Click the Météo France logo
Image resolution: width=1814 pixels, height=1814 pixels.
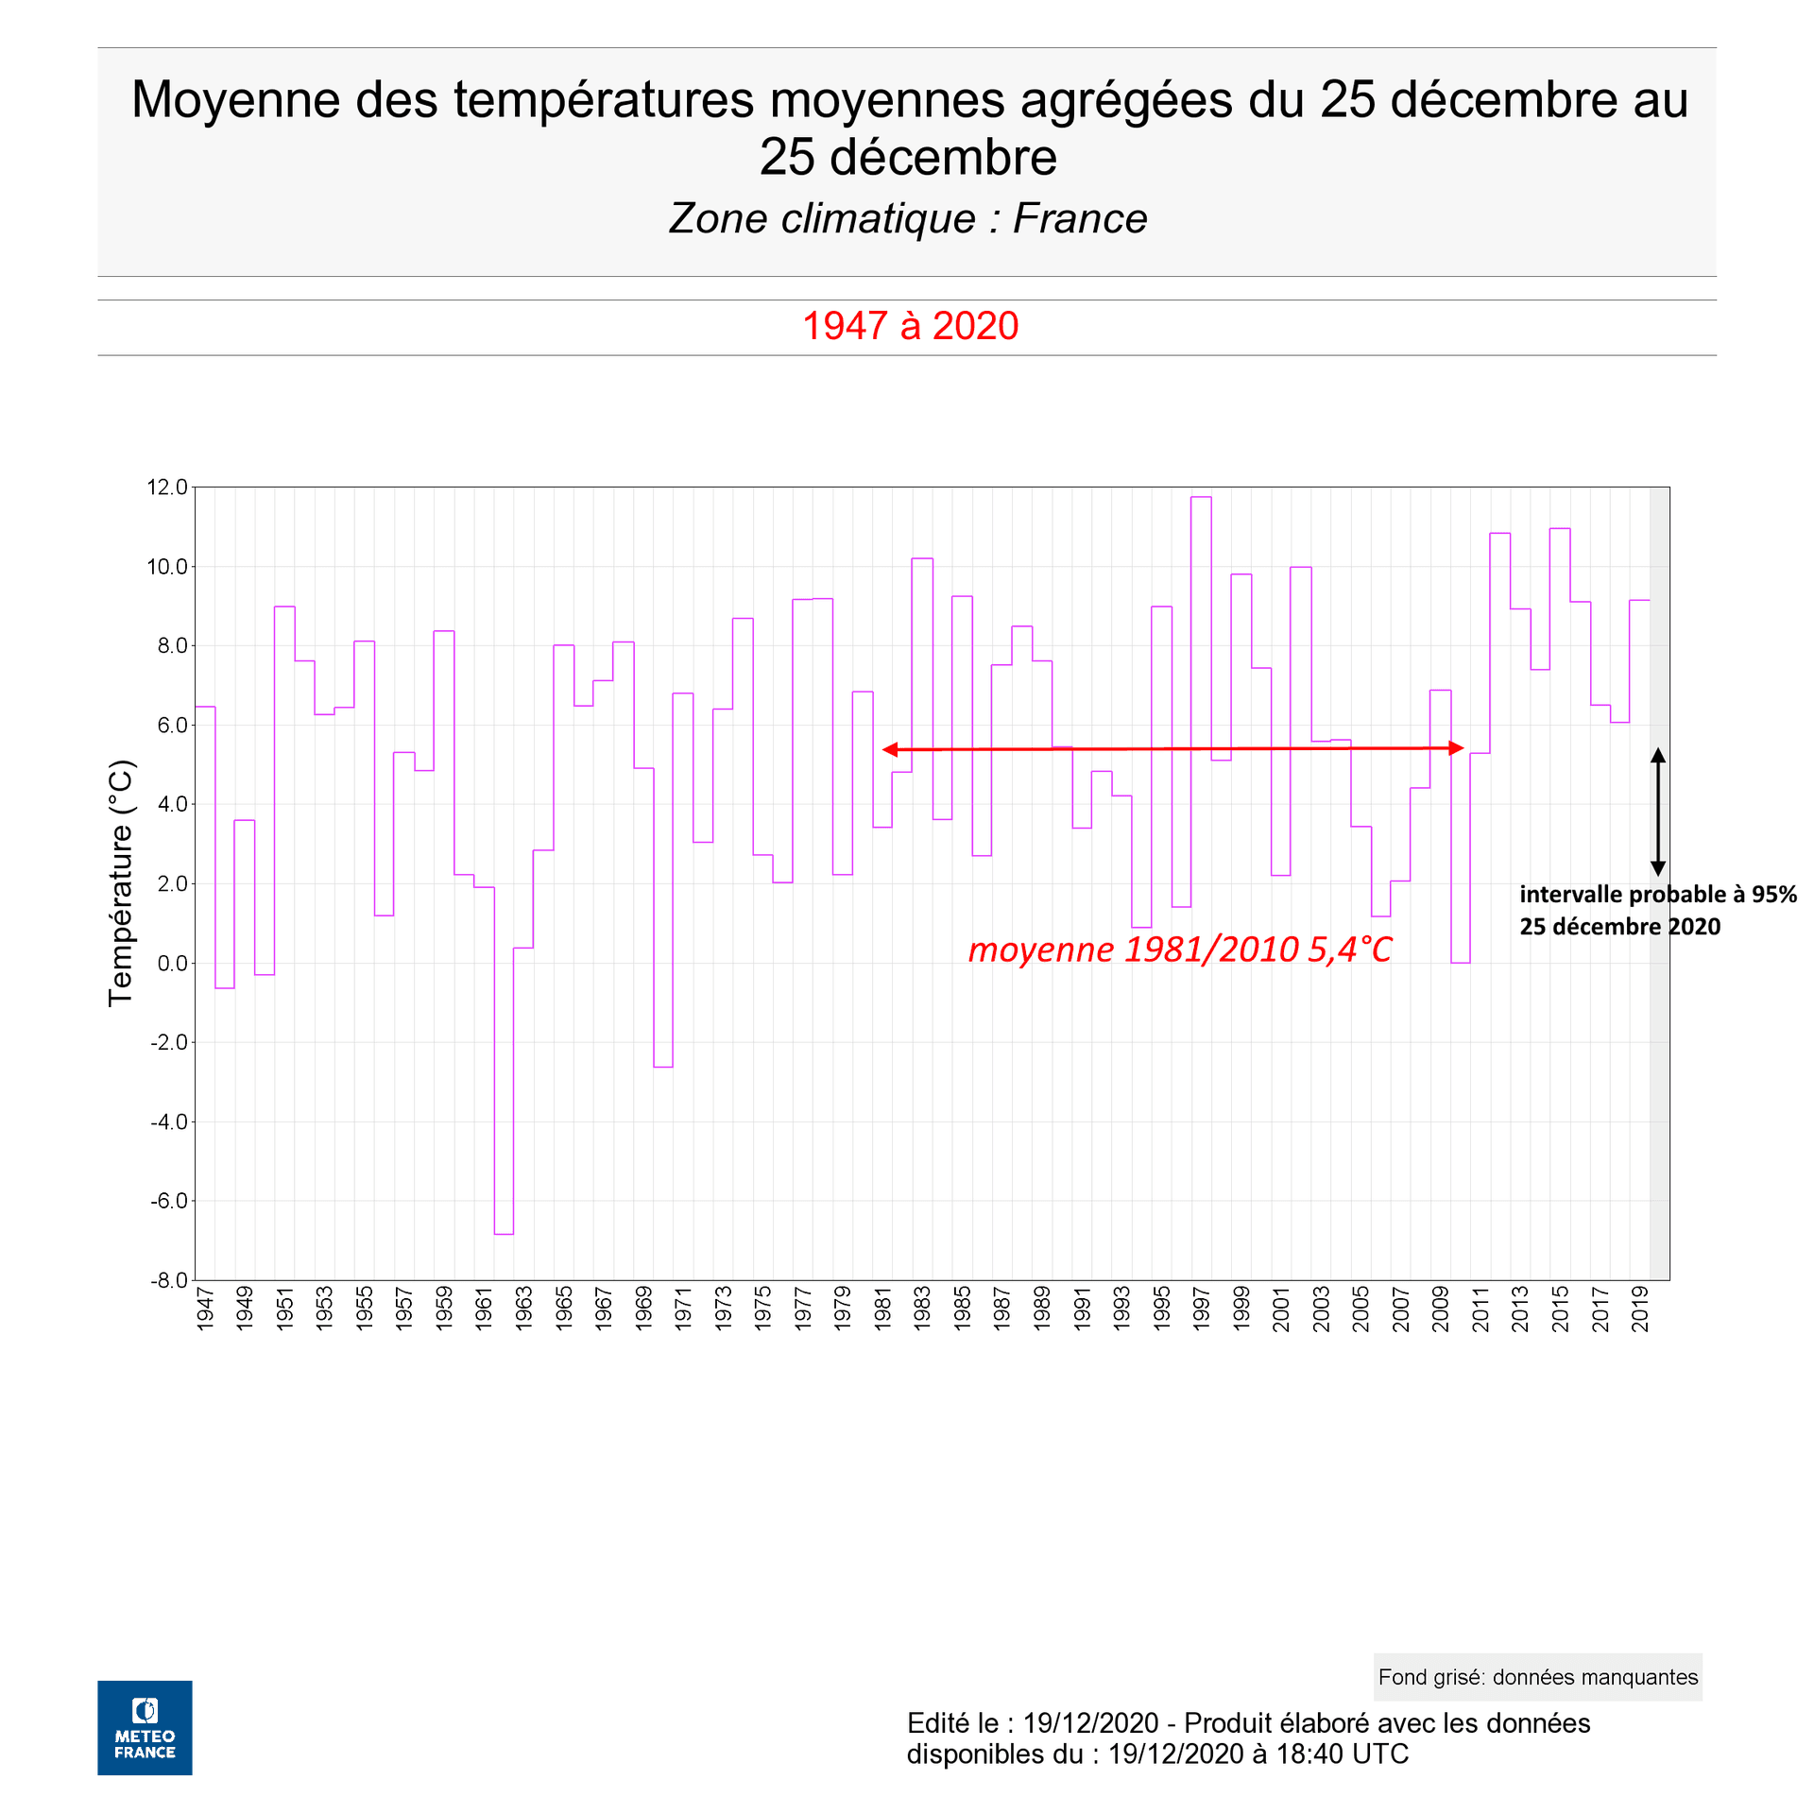tap(145, 1727)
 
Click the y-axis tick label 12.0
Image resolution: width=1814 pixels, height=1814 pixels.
tap(167, 488)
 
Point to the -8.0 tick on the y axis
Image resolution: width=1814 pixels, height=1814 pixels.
tap(169, 1280)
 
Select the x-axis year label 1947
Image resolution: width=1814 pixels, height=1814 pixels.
tap(205, 1308)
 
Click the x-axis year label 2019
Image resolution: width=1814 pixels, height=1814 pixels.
tap(1640, 1308)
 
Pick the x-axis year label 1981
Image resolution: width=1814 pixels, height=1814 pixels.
tap(882, 1308)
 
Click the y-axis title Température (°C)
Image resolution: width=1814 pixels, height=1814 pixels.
tap(121, 883)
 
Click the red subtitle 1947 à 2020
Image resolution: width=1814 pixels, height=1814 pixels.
tap(910, 326)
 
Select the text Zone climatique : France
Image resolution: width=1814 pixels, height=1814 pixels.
tap(907, 219)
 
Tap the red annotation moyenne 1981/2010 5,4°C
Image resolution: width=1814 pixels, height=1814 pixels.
tap(1180, 950)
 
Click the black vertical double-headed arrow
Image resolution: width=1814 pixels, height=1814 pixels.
tap(1657, 812)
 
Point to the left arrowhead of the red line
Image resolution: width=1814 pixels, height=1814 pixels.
tap(889, 749)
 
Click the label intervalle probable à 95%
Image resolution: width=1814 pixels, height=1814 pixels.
tap(1657, 895)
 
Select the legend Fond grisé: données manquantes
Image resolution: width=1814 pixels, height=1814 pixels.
tap(1537, 1677)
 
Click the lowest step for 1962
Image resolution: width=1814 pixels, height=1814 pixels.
tap(504, 1234)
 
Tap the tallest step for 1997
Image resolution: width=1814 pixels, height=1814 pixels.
tap(1201, 498)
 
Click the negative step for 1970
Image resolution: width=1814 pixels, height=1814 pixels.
tap(663, 1067)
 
